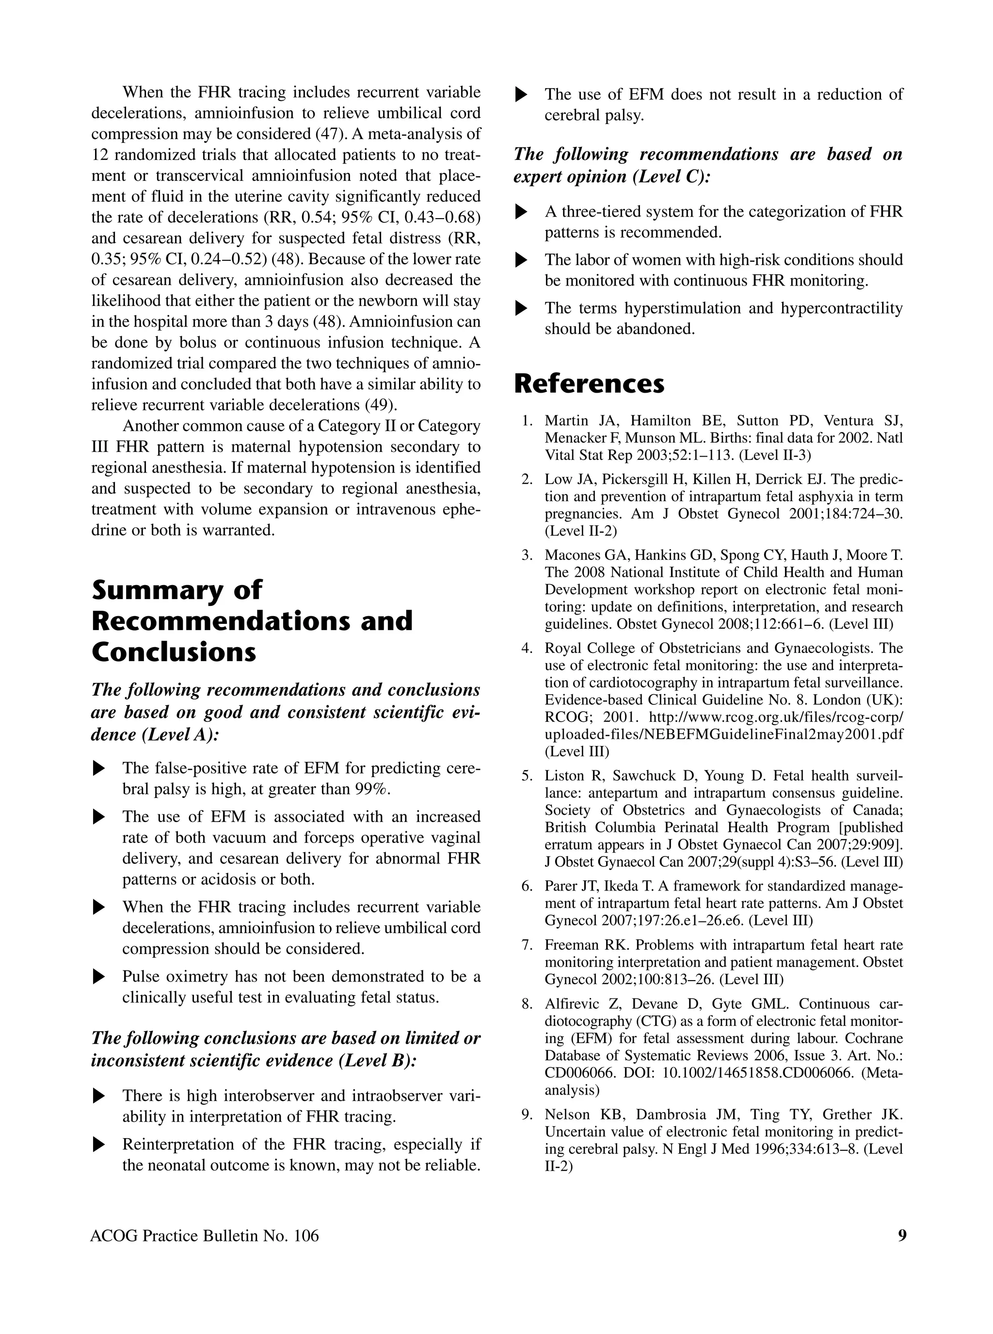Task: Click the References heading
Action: pyautogui.click(x=589, y=383)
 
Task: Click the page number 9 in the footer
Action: pyautogui.click(x=902, y=1236)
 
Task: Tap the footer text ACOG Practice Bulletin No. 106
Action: pyautogui.click(x=205, y=1236)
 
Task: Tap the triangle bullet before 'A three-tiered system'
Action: pyautogui.click(x=522, y=212)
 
